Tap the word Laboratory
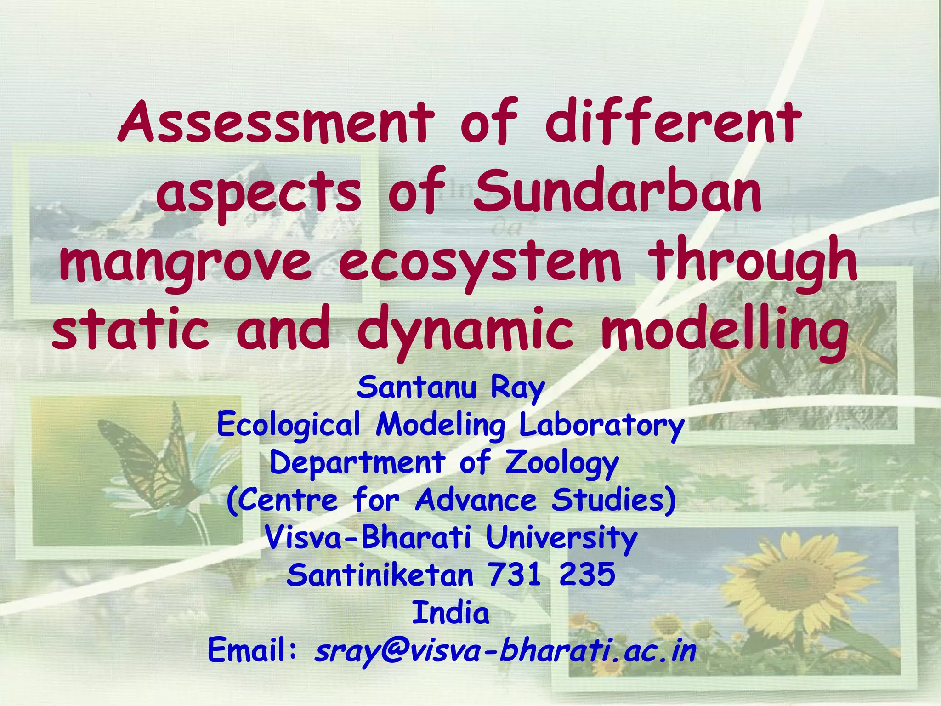(x=601, y=426)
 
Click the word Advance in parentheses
(x=476, y=500)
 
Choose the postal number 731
(x=515, y=575)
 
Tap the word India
(x=451, y=613)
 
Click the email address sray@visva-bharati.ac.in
(x=505, y=651)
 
